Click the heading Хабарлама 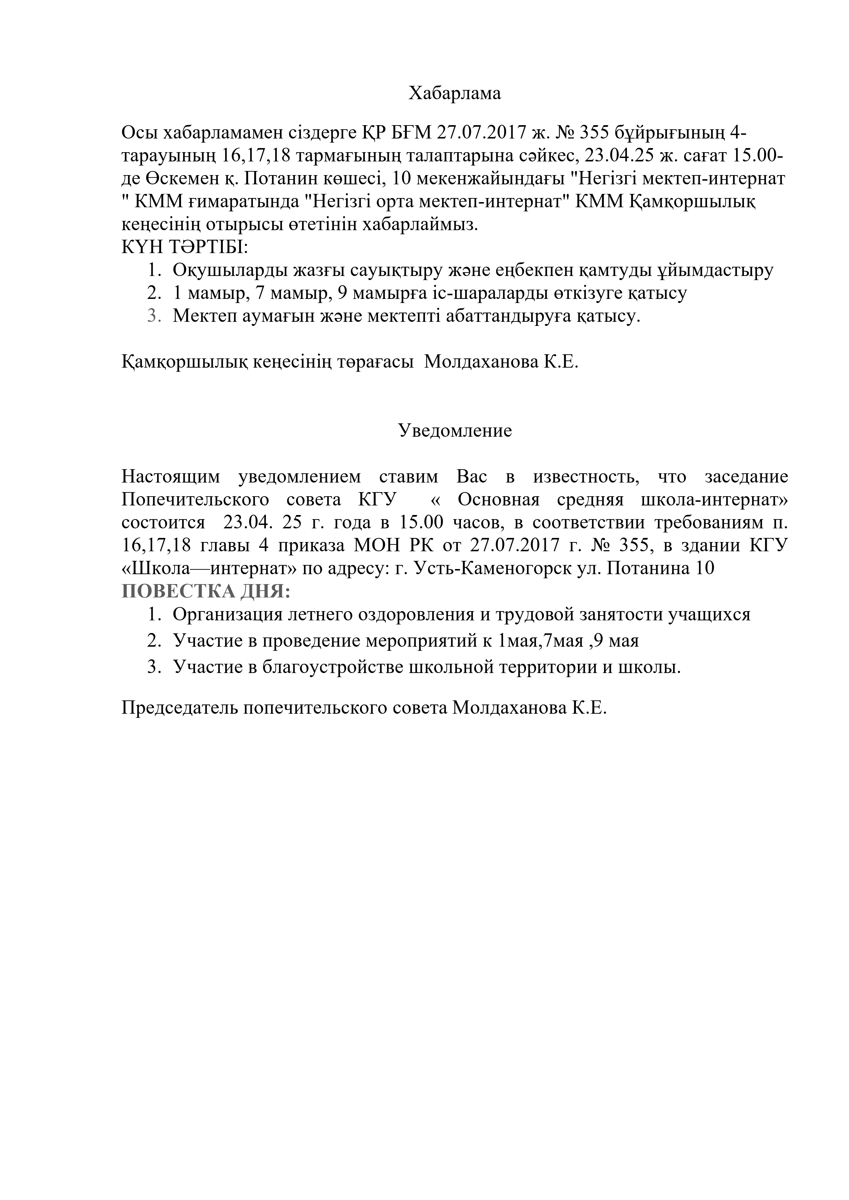(454, 94)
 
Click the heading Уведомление (454, 431)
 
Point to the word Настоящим (170, 477)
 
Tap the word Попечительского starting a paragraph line (195, 500)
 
